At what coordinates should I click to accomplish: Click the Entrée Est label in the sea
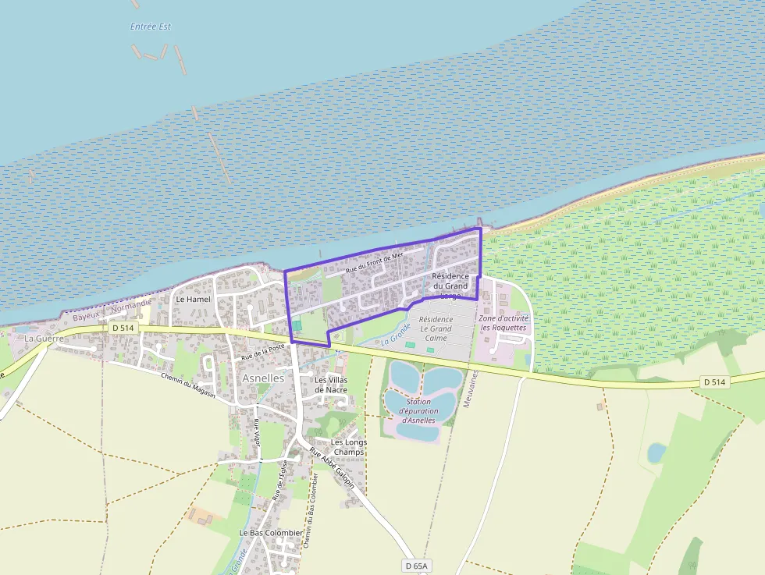point(151,27)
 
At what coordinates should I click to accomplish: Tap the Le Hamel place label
point(193,299)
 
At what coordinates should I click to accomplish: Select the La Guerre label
point(43,339)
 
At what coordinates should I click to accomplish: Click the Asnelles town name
point(264,378)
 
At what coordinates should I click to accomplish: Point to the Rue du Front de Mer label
point(375,262)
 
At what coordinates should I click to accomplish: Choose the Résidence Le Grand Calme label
point(436,328)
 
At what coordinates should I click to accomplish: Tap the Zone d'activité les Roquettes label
point(504,323)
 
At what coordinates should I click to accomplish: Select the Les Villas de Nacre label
point(330,384)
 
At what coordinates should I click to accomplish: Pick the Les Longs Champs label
point(349,447)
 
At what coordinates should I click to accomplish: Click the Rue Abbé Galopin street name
point(332,468)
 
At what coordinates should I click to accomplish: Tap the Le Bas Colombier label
point(271,533)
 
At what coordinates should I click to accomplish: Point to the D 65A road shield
point(418,565)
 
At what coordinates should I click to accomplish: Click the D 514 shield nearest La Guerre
point(123,328)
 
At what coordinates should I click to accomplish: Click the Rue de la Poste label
point(263,352)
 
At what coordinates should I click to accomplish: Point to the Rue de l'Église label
point(280,479)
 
